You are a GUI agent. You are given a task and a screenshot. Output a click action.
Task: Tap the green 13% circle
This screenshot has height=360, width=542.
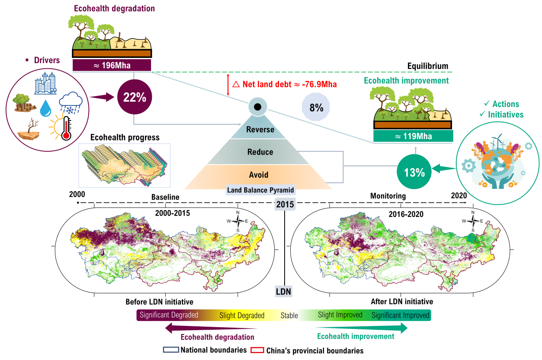click(414, 172)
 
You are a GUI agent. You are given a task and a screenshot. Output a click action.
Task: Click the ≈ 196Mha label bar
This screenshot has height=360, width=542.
click(112, 65)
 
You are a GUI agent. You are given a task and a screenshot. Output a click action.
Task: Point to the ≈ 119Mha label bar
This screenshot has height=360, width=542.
click(413, 136)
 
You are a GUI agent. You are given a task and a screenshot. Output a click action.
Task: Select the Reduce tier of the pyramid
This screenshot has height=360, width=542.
click(260, 152)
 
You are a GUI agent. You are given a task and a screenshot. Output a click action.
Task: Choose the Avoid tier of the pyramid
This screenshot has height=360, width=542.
click(259, 175)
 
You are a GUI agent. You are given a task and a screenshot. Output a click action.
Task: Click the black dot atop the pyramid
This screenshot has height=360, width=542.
click(257, 106)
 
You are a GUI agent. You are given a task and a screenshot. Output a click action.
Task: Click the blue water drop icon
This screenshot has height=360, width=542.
click(45, 108)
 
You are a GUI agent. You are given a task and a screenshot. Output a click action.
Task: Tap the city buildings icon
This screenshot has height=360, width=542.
click(46, 83)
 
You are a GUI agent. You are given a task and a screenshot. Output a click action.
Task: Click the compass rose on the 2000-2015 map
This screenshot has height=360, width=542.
click(237, 220)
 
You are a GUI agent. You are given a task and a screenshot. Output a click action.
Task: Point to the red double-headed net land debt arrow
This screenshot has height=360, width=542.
click(228, 85)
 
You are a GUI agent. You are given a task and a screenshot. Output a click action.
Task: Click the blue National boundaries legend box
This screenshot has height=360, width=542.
click(171, 350)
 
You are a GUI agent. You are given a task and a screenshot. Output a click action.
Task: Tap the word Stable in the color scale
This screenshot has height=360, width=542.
click(289, 315)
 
